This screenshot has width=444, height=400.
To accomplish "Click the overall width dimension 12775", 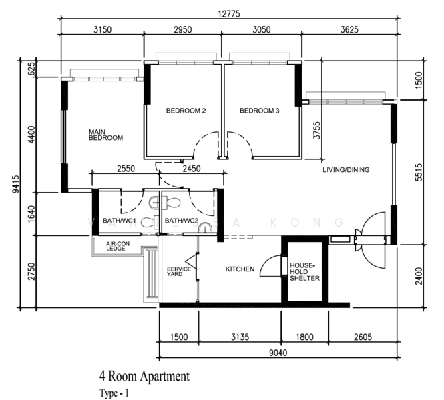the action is (229, 13).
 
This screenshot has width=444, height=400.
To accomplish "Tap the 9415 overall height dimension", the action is (17, 184).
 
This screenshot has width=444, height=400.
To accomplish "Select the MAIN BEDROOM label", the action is (105, 135).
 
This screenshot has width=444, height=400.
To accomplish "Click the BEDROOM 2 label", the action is (186, 111).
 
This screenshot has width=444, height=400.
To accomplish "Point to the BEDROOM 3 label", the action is (259, 111).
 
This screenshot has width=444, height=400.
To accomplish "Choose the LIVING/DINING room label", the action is (346, 169).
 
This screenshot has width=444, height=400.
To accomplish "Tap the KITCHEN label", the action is (240, 269).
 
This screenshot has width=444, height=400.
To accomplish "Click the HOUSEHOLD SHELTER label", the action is (304, 272).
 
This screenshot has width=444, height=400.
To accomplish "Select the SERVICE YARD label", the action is (179, 271).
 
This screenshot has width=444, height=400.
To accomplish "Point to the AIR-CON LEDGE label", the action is (118, 246).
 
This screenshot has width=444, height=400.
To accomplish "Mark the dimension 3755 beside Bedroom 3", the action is (317, 130).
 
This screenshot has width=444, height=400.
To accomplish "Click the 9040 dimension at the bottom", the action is (278, 353).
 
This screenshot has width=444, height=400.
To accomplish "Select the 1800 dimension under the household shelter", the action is (304, 337).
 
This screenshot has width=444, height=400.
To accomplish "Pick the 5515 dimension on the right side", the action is (419, 172).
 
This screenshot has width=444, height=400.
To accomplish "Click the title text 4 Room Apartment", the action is (144, 376).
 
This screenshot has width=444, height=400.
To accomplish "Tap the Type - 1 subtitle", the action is (114, 393).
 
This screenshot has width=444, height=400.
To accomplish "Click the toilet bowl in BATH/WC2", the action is (172, 203).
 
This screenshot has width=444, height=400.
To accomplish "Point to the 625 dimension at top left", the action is (32, 69).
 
